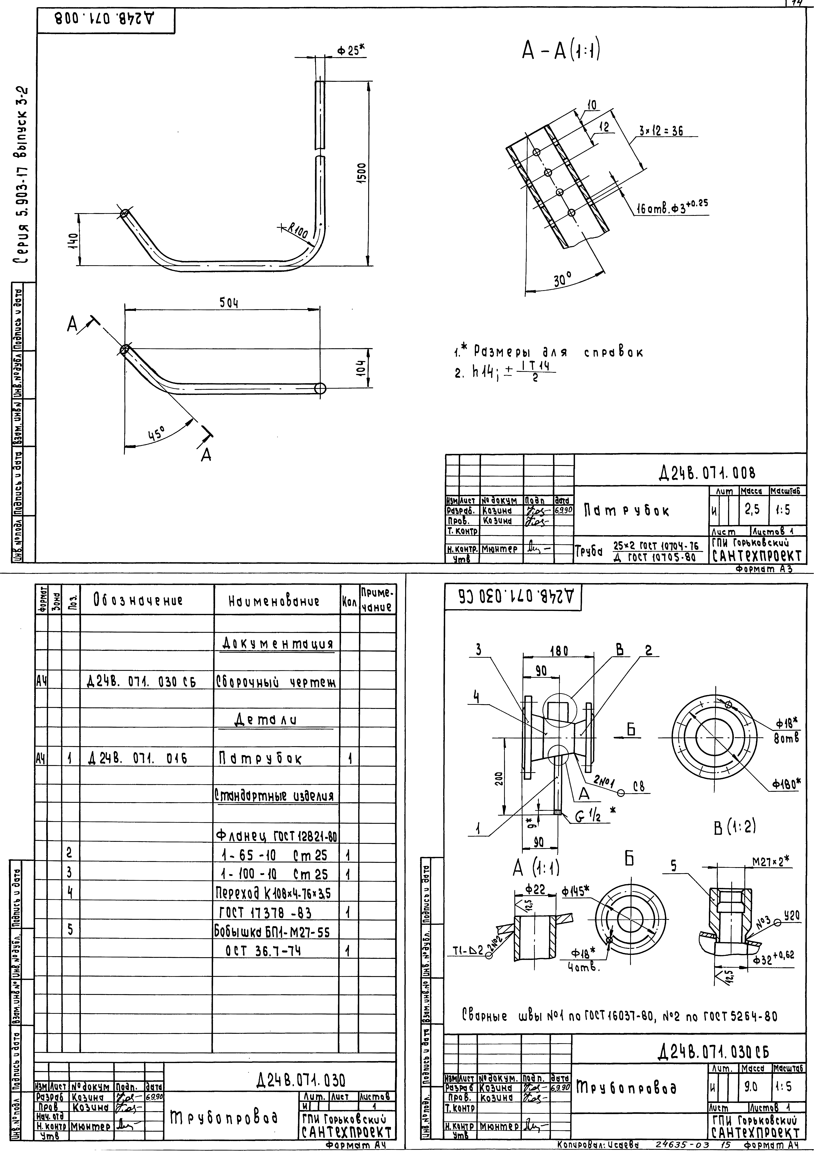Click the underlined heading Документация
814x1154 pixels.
coord(278,644)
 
